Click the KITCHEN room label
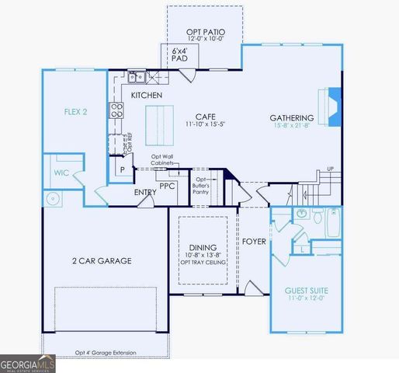(146, 95)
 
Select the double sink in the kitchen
(137, 76)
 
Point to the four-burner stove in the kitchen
(117, 110)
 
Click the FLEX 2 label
(75, 110)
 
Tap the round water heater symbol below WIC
(54, 198)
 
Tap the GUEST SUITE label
(305, 290)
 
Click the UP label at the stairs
(331, 169)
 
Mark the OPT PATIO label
(204, 33)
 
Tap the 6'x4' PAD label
(179, 54)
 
